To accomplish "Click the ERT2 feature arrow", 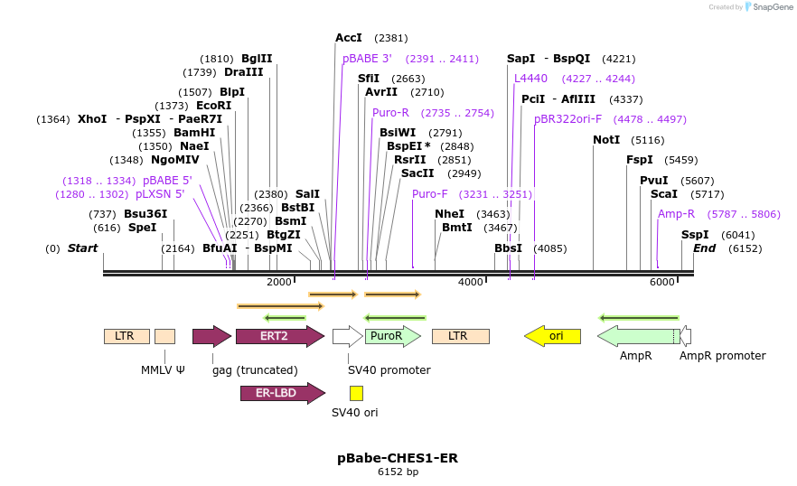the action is point(280,336).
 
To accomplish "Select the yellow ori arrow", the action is point(552,336).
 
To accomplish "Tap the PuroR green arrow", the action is point(393,336).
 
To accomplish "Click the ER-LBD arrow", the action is point(283,393).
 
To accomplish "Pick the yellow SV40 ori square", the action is point(356,394).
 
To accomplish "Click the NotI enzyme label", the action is point(606,140).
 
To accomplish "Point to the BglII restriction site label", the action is point(257,59).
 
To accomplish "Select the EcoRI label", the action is point(213,105).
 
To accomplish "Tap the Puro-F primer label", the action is point(429,193).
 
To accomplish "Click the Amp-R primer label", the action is point(676,214).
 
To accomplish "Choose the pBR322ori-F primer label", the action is point(567,119).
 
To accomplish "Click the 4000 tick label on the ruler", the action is point(470,282).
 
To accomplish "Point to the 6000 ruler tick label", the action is point(661,282).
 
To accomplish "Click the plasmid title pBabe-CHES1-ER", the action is point(398,458).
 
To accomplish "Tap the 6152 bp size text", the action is point(398,472).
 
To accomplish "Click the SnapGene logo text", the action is point(773,7).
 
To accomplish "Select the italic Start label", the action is point(82,248).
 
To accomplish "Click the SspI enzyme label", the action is point(695,234).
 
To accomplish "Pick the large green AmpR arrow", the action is point(639,336).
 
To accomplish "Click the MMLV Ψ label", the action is point(163,370).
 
